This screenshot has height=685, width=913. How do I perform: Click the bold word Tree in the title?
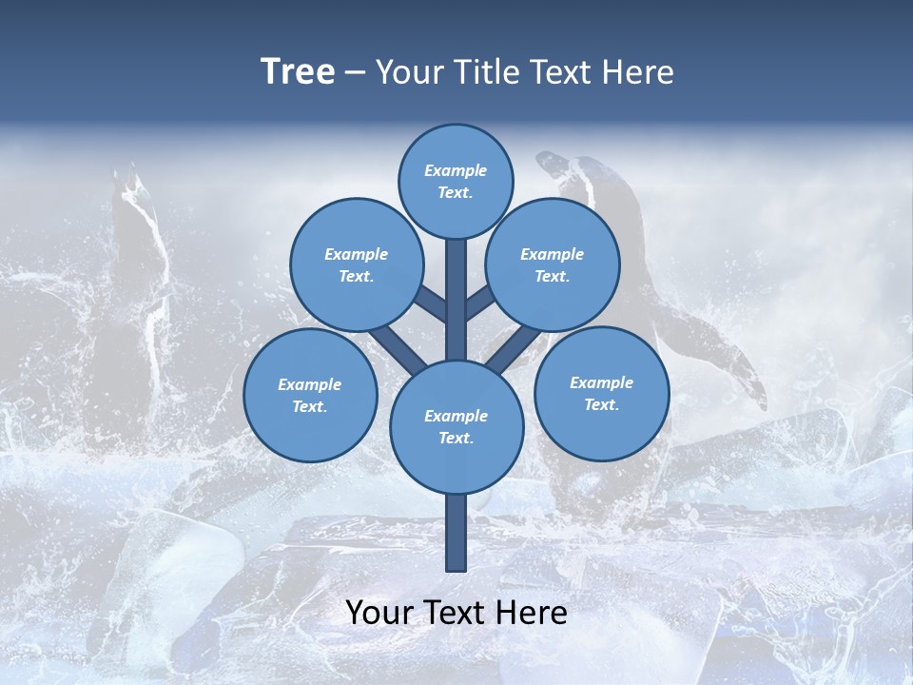(298, 72)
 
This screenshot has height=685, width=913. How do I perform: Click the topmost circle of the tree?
(456, 181)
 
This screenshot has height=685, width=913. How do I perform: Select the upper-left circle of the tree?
(357, 264)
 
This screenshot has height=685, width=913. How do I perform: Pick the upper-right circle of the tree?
(553, 264)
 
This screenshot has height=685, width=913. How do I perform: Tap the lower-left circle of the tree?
(310, 395)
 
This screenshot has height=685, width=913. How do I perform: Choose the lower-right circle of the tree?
(601, 393)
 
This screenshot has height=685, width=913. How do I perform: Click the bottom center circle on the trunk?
(456, 426)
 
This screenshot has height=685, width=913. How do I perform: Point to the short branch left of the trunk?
(430, 303)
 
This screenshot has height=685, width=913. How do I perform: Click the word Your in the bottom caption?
(380, 613)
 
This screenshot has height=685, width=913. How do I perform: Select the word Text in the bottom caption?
(457, 613)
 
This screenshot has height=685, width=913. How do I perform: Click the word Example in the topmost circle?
(456, 170)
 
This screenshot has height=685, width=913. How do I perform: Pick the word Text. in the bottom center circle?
(456, 438)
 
